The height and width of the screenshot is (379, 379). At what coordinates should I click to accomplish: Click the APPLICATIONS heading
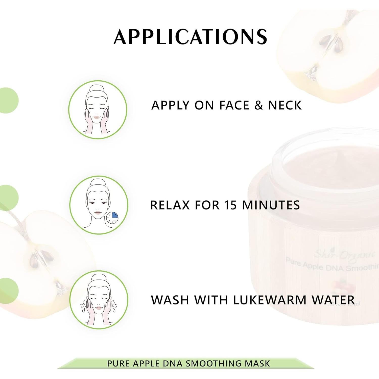click(190, 37)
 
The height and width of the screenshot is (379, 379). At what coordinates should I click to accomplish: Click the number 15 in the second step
click(231, 205)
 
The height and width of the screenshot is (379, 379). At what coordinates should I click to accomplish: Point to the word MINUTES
click(271, 205)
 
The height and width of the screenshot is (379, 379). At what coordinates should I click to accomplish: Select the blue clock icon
click(112, 217)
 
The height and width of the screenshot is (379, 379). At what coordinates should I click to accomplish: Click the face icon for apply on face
click(98, 110)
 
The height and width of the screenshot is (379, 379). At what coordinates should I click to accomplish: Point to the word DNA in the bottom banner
click(174, 364)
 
